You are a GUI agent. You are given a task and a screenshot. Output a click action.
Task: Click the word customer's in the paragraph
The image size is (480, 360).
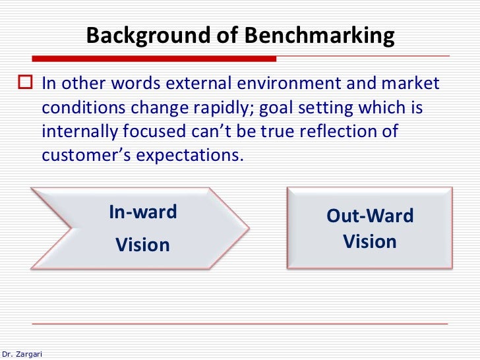[x=86, y=155]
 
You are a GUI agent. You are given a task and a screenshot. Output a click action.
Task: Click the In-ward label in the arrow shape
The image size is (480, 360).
[x=143, y=212]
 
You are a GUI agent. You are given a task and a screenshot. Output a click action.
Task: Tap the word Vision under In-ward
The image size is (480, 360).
[x=143, y=245]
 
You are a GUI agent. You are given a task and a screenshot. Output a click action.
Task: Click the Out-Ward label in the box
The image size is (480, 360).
[x=370, y=216]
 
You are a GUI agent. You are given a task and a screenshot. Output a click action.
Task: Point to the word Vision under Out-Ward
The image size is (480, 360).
[x=370, y=241]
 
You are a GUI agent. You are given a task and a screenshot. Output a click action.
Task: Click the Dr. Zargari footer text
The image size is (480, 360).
[x=22, y=353]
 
